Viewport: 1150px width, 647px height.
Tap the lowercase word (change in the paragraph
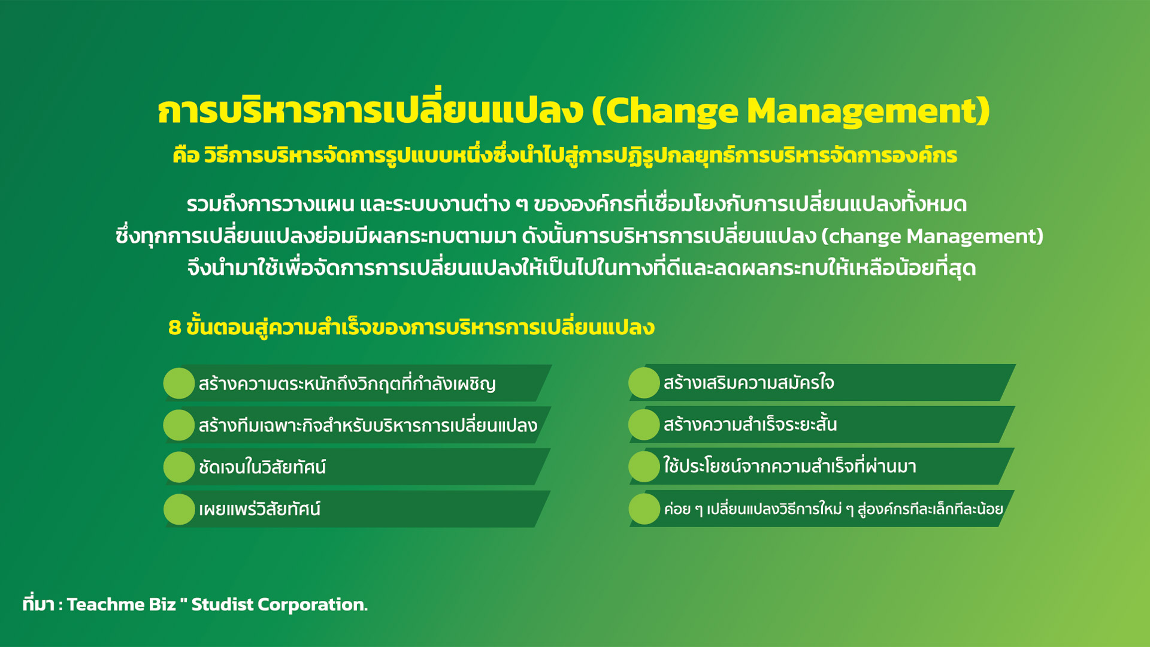click(861, 236)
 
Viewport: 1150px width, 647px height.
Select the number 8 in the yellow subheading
click(174, 327)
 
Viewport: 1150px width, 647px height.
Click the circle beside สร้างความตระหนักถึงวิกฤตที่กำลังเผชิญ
click(179, 383)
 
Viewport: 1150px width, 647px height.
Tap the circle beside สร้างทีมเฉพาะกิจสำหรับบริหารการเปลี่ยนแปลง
click(179, 425)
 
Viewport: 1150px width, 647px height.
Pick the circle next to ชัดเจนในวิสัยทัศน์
click(179, 467)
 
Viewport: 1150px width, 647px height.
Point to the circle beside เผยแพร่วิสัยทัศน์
click(179, 509)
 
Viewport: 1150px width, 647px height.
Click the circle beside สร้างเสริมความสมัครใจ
click(644, 383)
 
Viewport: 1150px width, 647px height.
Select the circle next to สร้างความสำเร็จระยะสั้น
click(644, 424)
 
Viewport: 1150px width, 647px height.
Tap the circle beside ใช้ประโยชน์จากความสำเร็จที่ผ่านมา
click(644, 467)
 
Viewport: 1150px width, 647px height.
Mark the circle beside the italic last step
click(644, 509)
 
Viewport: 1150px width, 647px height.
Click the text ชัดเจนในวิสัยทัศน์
click(262, 467)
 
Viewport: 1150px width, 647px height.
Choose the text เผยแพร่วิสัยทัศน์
click(259, 509)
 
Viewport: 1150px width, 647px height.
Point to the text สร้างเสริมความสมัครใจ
click(749, 382)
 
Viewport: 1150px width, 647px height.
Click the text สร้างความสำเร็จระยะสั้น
click(750, 424)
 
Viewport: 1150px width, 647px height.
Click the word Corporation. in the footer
click(313, 605)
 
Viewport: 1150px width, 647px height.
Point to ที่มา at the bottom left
click(38, 603)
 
